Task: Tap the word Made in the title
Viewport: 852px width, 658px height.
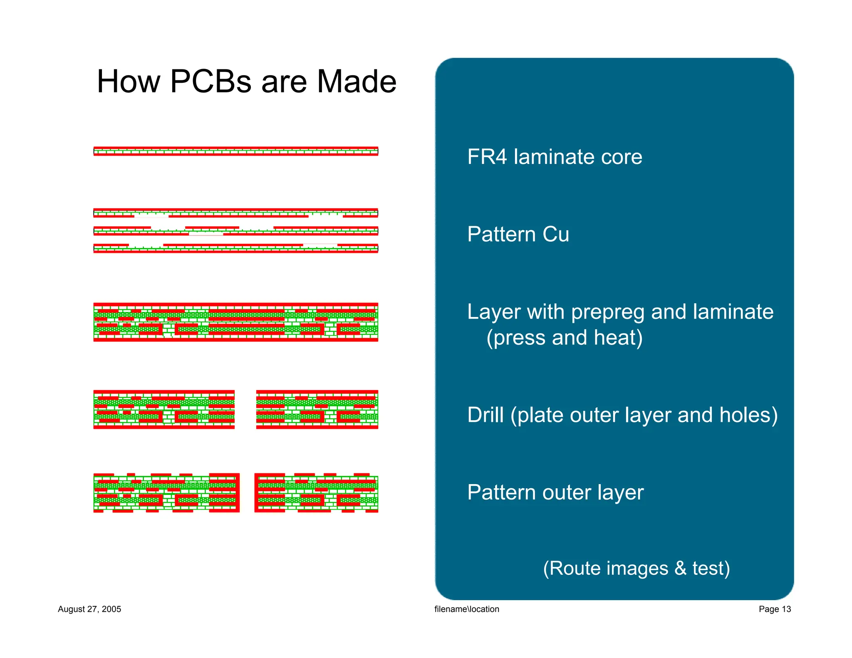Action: (357, 82)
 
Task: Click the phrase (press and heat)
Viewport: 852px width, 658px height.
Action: (565, 338)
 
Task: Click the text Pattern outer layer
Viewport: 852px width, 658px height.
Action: (555, 493)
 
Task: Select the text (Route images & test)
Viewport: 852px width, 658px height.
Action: (636, 569)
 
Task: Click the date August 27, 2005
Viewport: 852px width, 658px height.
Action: (89, 609)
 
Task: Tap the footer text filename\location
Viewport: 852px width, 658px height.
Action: (466, 609)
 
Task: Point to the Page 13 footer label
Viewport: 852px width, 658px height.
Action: (774, 609)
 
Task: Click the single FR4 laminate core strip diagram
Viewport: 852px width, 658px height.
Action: (235, 151)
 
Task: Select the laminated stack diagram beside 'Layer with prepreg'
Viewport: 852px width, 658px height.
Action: (235, 322)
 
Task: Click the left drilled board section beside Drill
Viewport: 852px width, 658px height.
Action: (164, 410)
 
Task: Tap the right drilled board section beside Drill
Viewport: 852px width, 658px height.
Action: (317, 410)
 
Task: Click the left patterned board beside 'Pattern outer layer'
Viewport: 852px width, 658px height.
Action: (166, 493)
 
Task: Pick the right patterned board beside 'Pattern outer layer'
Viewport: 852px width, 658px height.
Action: (316, 493)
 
